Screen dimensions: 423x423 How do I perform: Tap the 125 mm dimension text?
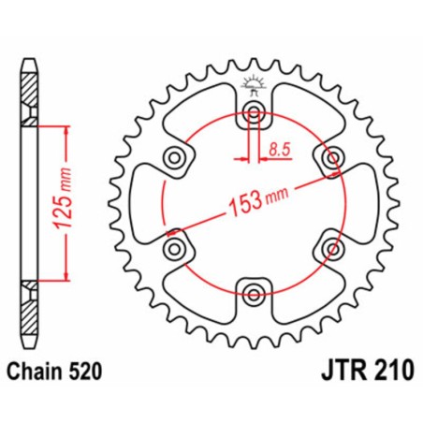(x=54, y=200)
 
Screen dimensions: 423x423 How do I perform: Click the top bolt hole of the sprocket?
(x=253, y=114)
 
